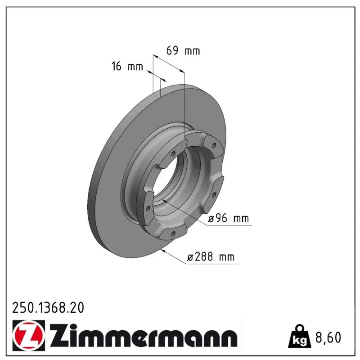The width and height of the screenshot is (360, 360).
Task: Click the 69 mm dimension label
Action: pos(183,50)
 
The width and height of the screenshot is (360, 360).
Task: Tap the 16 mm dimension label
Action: pos(127,66)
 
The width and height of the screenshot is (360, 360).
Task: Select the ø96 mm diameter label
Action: pos(228,218)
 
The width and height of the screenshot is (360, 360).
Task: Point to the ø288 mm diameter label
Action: pos(211,256)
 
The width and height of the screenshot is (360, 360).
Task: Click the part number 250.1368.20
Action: pos(48,308)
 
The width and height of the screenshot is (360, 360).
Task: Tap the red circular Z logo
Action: pos(29,335)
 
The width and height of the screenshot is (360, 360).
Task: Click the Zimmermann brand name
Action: pos(143,335)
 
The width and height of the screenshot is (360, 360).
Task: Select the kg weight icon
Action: pos(299,336)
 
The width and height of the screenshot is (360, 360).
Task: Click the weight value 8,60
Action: pos(328,337)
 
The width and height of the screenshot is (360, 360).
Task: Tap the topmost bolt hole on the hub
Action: pos(214,145)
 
